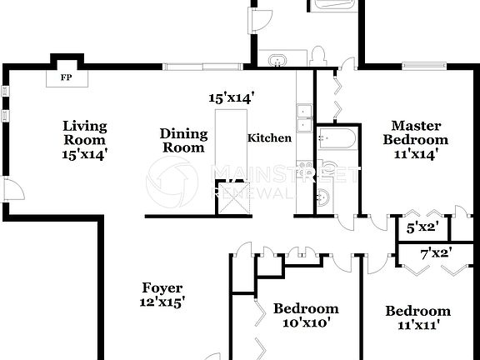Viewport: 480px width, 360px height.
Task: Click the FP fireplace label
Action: pyautogui.click(x=65, y=79)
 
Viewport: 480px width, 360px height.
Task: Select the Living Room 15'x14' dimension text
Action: pyautogui.click(x=85, y=154)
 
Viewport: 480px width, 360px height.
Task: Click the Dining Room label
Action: pyautogui.click(x=182, y=140)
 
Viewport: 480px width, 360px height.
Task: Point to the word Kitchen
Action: pyautogui.click(x=269, y=138)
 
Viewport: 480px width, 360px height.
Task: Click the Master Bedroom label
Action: pyautogui.click(x=415, y=132)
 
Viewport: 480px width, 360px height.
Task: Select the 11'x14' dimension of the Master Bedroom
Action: pyautogui.click(x=415, y=154)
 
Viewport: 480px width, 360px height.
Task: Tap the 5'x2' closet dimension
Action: pyautogui.click(x=422, y=225)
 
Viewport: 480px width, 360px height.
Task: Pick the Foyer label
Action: pyautogui.click(x=162, y=289)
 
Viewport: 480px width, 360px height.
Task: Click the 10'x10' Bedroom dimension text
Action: pyautogui.click(x=306, y=323)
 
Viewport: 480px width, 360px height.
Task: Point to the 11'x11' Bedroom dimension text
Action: pyautogui.click(x=417, y=326)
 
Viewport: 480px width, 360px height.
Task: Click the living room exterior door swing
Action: pyautogui.click(x=13, y=191)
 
